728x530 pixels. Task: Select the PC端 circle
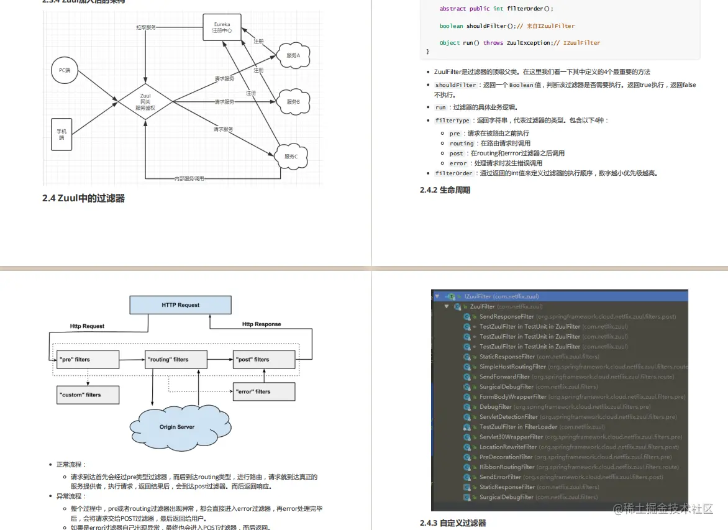pos(65,70)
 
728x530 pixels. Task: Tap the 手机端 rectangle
pos(61,134)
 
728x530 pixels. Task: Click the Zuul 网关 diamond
pos(145,102)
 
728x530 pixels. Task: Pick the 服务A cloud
pos(293,55)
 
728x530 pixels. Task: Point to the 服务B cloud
pos(293,101)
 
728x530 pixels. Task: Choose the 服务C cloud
pos(291,157)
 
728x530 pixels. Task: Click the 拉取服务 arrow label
pos(146,28)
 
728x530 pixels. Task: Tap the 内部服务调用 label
pos(189,178)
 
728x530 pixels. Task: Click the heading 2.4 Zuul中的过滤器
pos(84,198)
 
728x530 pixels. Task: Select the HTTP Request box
pos(180,305)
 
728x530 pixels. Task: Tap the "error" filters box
pos(263,391)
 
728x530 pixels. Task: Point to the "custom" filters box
pos(88,395)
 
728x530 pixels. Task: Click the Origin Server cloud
pos(177,427)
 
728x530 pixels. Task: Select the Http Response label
pos(262,324)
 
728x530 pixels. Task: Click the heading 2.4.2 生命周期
pos(445,190)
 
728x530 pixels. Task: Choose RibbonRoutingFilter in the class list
pos(507,467)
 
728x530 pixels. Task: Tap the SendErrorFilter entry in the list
pos(500,477)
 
